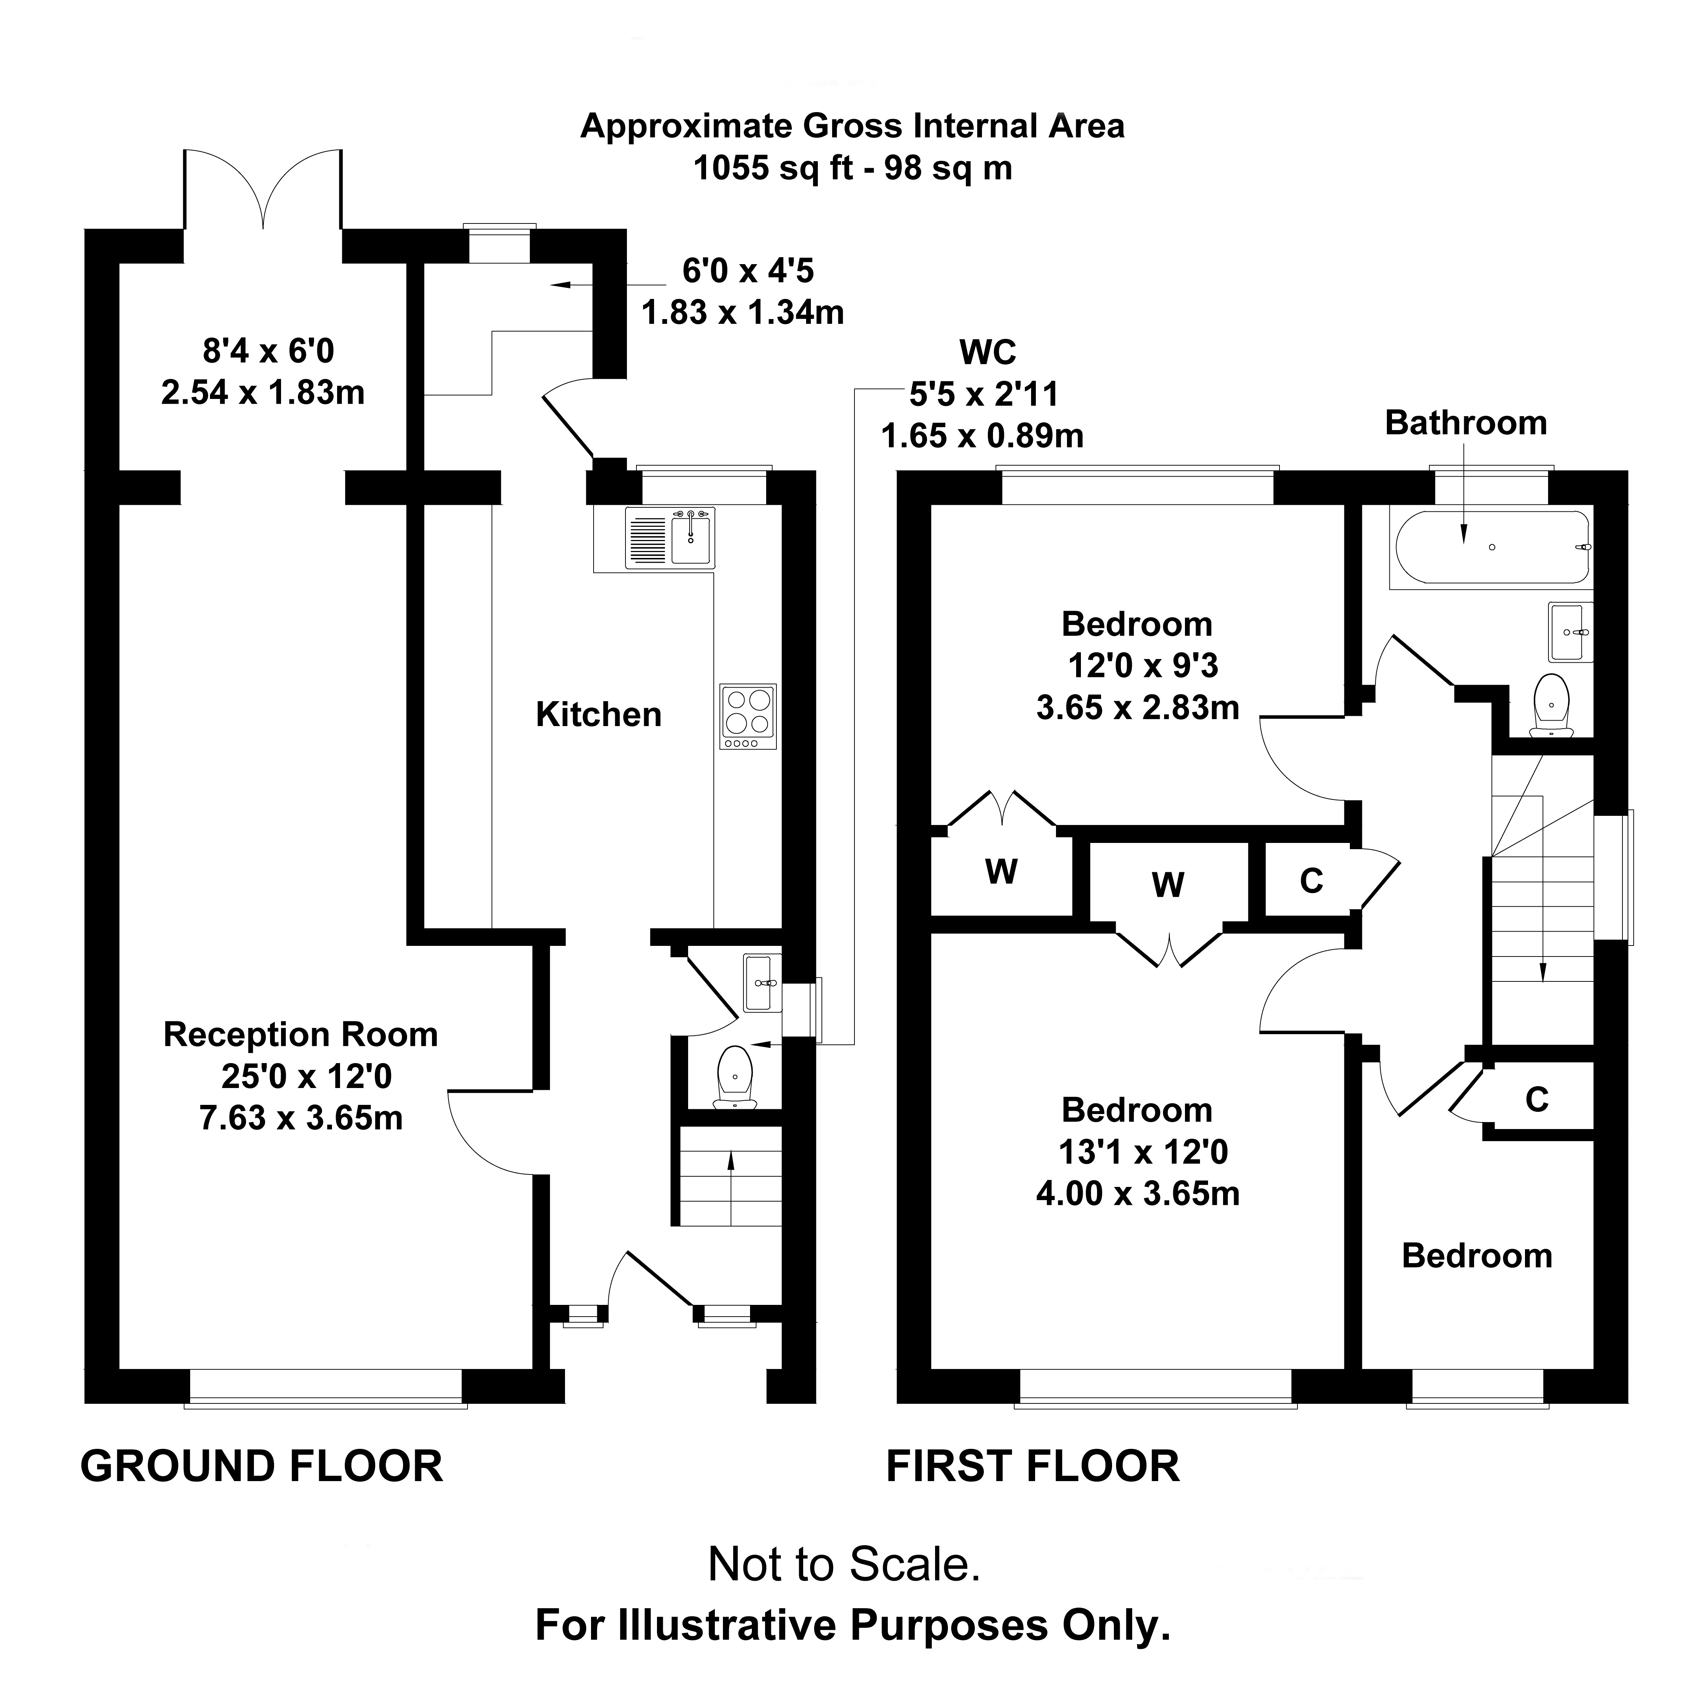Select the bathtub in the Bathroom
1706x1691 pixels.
(1491, 547)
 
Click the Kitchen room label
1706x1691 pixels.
(599, 714)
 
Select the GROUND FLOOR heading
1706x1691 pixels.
(261, 1467)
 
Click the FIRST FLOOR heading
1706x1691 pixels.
(1032, 1467)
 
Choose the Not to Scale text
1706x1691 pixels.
(844, 1564)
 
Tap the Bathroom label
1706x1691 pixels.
(1466, 423)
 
